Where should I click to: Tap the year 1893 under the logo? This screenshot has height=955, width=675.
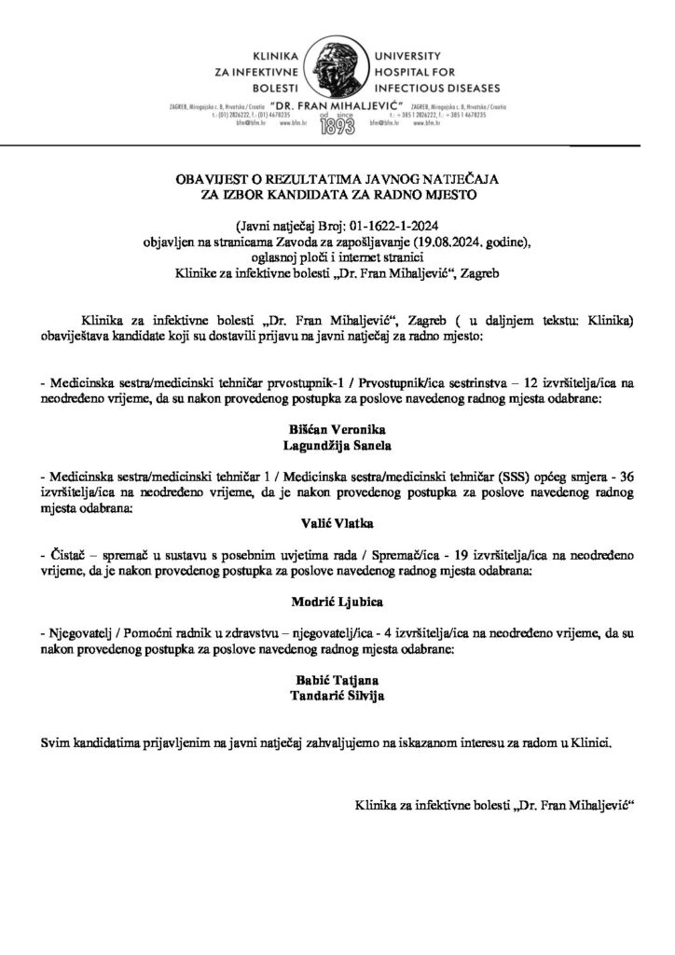point(337,129)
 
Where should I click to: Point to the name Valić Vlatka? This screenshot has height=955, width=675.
point(337,525)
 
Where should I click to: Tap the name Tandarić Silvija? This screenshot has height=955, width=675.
point(337,694)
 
